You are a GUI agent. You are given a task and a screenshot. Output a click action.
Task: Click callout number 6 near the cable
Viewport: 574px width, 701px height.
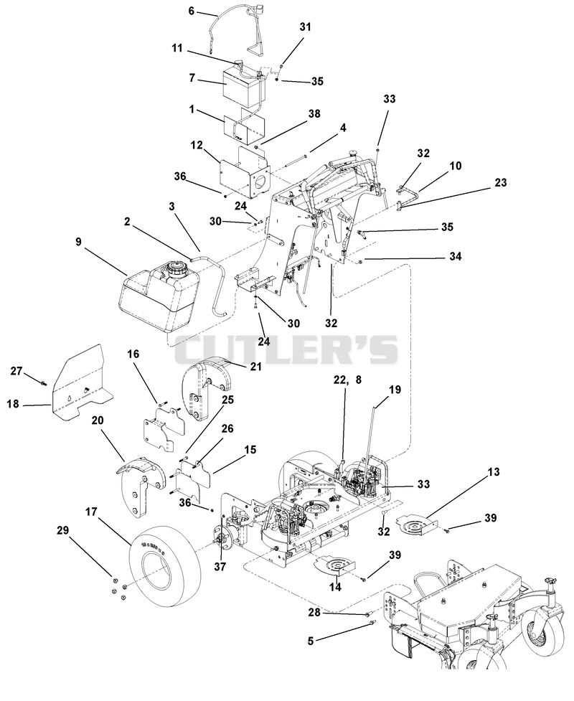tap(192, 11)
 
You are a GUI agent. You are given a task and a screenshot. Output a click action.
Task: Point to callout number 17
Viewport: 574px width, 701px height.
tap(90, 512)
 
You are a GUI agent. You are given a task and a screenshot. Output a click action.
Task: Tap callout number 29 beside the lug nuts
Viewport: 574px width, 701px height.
tap(63, 530)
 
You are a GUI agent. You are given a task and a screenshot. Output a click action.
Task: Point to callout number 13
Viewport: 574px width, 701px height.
tap(494, 471)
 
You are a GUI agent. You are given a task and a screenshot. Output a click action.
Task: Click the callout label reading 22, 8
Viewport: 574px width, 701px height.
tap(347, 380)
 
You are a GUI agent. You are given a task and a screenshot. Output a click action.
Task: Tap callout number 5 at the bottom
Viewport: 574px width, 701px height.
tap(311, 641)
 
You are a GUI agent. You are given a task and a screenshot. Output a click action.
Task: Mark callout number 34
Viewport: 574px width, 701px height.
tap(456, 256)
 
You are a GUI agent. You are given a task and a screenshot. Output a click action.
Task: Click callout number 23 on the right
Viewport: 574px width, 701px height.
tap(501, 182)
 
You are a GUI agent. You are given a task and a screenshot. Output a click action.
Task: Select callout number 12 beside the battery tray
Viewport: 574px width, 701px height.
tap(197, 146)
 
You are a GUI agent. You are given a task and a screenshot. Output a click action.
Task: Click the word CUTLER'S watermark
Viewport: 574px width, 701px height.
tap(286, 349)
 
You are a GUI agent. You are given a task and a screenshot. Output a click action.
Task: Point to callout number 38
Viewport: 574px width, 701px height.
tap(314, 113)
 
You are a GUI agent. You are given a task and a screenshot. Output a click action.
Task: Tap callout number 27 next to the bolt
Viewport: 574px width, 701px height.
tap(17, 371)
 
